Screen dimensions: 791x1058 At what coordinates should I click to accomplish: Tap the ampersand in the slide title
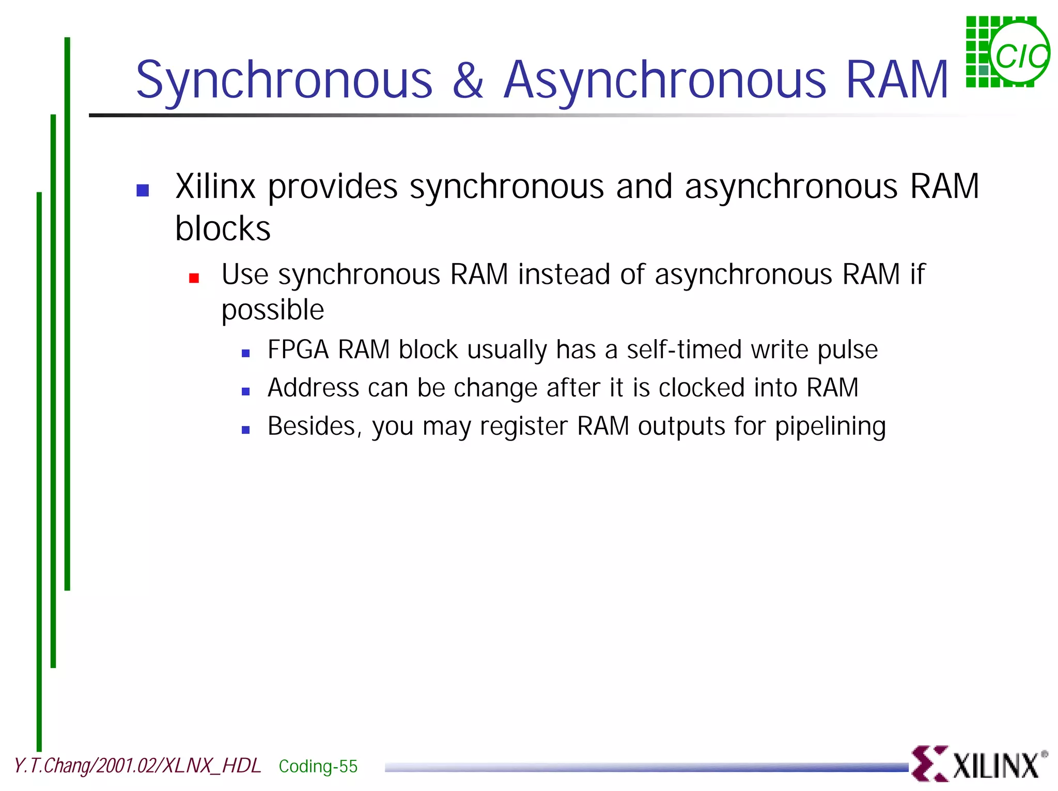tap(468, 80)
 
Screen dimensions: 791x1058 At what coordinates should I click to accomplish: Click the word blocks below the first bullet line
tap(223, 229)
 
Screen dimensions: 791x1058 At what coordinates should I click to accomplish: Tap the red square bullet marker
tap(194, 279)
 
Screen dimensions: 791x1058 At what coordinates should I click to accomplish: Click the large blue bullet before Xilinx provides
tap(143, 190)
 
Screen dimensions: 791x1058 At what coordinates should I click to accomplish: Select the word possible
tap(272, 310)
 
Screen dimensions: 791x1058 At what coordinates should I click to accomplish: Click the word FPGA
tap(298, 349)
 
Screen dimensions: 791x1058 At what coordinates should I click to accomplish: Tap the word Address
tap(313, 388)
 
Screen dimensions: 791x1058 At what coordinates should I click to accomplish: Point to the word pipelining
tap(830, 427)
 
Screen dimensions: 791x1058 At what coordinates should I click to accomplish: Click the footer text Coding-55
tap(318, 766)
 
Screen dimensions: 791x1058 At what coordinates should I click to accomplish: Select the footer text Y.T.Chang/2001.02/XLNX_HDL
tap(137, 766)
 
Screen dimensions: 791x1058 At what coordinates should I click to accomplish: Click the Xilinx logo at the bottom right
tap(978, 764)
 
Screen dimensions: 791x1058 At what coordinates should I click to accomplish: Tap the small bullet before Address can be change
tap(246, 392)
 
